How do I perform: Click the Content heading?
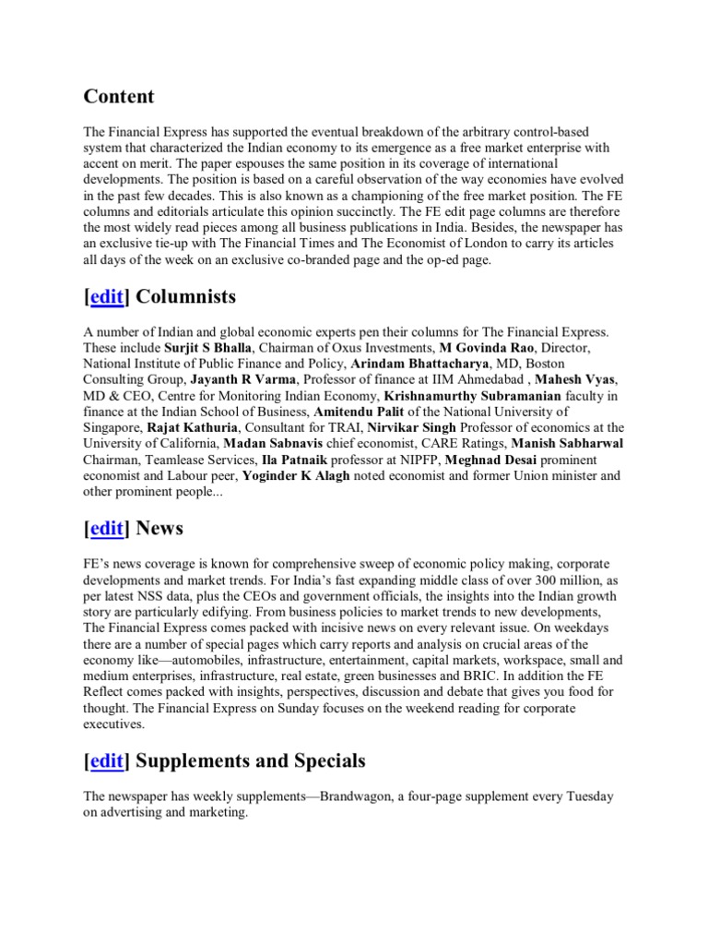[119, 97]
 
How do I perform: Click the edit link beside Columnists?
[107, 297]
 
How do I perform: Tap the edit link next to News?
[107, 529]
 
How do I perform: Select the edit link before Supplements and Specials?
[107, 761]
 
